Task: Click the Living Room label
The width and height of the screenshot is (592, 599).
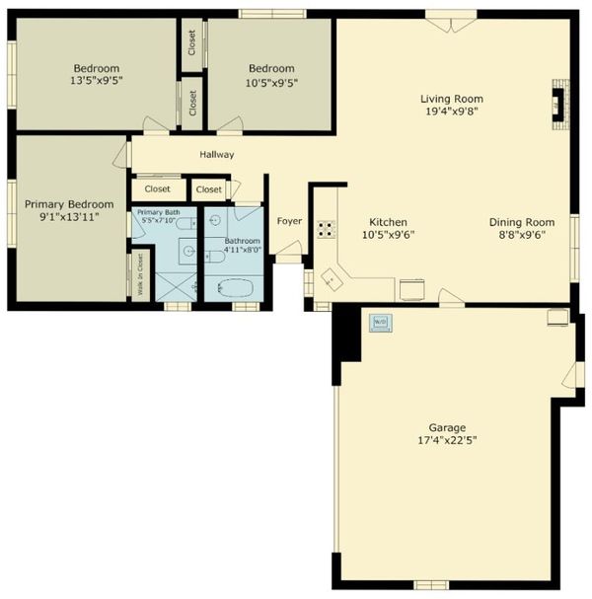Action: click(x=452, y=99)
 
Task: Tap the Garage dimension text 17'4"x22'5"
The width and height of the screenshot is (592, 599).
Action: click(x=447, y=440)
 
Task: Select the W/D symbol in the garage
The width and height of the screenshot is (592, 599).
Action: click(x=381, y=323)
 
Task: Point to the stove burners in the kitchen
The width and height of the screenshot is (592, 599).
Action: click(x=326, y=229)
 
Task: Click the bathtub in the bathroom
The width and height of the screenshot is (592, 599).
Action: click(x=236, y=287)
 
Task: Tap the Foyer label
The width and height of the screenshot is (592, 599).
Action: click(x=289, y=221)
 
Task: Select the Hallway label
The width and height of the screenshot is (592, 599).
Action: click(x=217, y=154)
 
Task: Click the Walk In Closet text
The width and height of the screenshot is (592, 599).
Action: click(x=140, y=274)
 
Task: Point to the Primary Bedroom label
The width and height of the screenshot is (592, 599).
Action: click(x=69, y=204)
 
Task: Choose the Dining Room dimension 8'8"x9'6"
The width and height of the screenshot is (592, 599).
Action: click(x=522, y=235)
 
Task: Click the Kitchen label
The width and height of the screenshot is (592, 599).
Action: click(x=388, y=222)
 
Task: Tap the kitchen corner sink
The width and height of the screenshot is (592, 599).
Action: click(x=332, y=279)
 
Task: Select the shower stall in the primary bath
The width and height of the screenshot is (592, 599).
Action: click(x=176, y=287)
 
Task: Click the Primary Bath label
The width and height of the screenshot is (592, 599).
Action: click(x=159, y=212)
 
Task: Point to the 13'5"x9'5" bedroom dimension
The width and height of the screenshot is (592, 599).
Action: click(x=97, y=81)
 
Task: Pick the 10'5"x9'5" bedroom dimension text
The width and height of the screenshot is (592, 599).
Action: click(x=271, y=83)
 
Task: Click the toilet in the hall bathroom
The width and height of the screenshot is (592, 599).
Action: click(x=215, y=257)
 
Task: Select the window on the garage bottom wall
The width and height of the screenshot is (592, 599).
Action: click(x=431, y=585)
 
